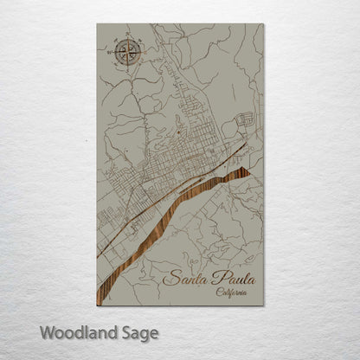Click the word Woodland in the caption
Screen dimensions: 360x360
click(74, 332)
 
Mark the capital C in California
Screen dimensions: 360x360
click(217, 292)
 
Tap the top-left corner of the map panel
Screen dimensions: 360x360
click(97, 24)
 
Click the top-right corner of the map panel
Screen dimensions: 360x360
click(264, 24)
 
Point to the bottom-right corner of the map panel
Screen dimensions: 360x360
click(264, 305)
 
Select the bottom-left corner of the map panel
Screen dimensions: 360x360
click(97, 305)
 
